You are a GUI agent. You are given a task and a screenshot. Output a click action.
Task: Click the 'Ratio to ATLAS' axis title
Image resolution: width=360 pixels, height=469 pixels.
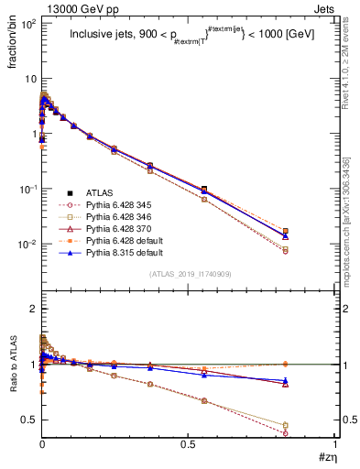tap(13, 367)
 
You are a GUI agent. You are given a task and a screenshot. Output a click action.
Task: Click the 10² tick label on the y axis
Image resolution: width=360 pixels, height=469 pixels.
tap(28, 23)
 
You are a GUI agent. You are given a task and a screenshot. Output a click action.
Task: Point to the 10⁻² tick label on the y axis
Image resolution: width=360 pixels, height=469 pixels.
tap(28, 245)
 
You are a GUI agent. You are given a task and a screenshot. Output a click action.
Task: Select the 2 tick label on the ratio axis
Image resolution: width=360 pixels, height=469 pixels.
tap(33, 309)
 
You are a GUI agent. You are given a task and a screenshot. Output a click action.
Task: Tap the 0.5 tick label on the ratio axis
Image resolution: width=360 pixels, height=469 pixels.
tap(28, 420)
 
